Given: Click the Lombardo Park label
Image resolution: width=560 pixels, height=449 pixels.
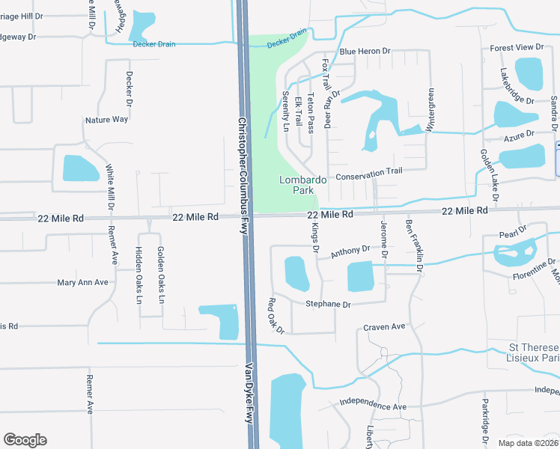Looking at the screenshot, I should (303, 185).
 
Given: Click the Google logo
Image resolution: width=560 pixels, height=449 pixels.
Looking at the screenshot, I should (25, 440).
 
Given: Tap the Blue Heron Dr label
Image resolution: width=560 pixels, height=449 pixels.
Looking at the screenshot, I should (365, 52).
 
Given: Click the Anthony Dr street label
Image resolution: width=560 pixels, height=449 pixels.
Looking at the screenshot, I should (350, 252).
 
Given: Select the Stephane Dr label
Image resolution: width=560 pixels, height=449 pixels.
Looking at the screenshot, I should (328, 305).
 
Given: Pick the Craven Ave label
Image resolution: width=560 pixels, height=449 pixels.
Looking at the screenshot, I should (384, 327).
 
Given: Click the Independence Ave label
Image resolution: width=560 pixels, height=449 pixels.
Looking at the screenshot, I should (372, 405).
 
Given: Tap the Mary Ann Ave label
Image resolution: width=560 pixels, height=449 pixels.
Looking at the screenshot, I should (83, 283).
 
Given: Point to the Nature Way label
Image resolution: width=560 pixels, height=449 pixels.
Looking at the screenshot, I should (107, 120).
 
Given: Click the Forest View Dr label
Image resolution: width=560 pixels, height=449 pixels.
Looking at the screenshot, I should (517, 48).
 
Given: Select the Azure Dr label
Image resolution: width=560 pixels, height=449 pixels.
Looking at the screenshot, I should (519, 134).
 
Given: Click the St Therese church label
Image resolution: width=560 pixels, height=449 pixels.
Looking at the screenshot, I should (533, 353).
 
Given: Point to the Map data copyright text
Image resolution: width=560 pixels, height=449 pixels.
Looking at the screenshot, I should (527, 442).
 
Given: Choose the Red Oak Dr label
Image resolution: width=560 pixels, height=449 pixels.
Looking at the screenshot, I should (276, 316).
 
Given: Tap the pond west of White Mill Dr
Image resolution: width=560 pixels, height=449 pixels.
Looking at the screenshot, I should (80, 168).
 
